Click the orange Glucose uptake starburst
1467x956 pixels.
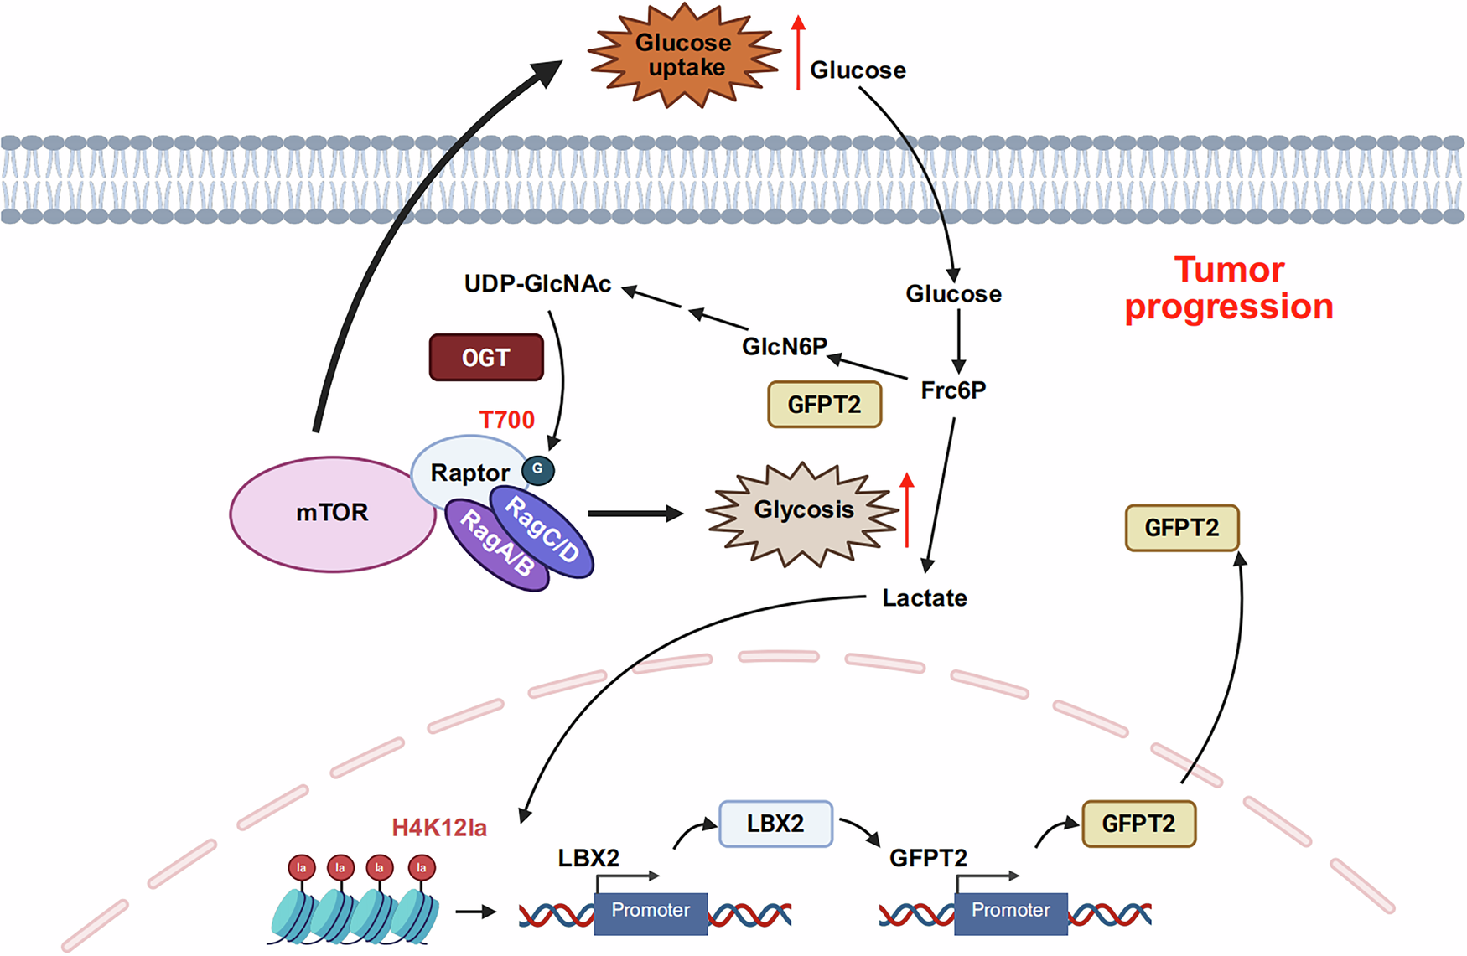tap(684, 55)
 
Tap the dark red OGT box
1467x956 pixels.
tap(486, 358)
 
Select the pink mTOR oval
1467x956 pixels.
tap(332, 513)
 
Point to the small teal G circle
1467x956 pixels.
tap(538, 469)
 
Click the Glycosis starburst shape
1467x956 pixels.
tap(803, 511)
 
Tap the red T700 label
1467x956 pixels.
tap(506, 419)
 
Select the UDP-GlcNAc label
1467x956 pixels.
tap(537, 284)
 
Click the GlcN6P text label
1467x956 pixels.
tap(785, 346)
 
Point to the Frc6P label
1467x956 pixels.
tap(953, 390)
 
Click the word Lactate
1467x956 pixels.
tap(925, 598)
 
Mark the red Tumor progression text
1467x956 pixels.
tap(1229, 288)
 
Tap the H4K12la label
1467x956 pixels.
tap(439, 828)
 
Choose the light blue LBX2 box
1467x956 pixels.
tap(775, 824)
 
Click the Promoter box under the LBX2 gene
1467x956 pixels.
tap(651, 912)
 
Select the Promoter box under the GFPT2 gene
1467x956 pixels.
tap(1010, 912)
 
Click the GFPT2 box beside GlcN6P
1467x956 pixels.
tap(825, 405)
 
